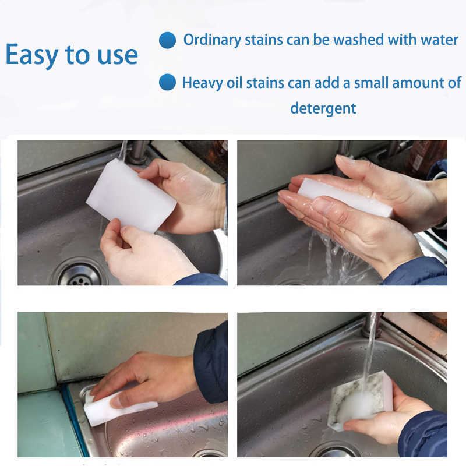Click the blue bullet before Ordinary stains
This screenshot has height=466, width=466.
(x=167, y=41)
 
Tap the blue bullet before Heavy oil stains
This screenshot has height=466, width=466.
(x=167, y=82)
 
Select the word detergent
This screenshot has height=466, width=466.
(x=323, y=108)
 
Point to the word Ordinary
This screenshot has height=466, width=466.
(x=213, y=40)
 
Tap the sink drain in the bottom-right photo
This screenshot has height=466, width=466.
(x=337, y=451)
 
